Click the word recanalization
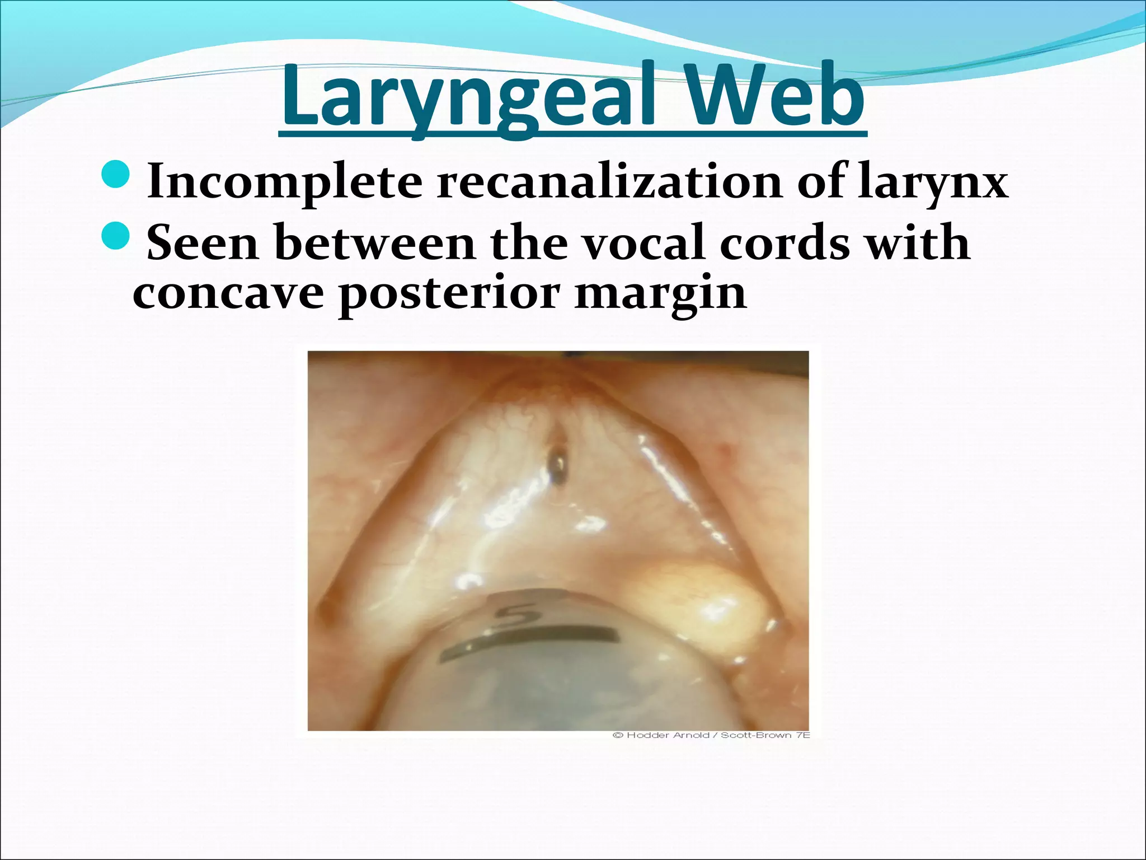click(x=610, y=181)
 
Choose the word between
click(x=375, y=242)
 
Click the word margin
click(x=660, y=293)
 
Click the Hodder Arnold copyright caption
click(x=711, y=735)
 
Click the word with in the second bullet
click(x=918, y=242)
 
